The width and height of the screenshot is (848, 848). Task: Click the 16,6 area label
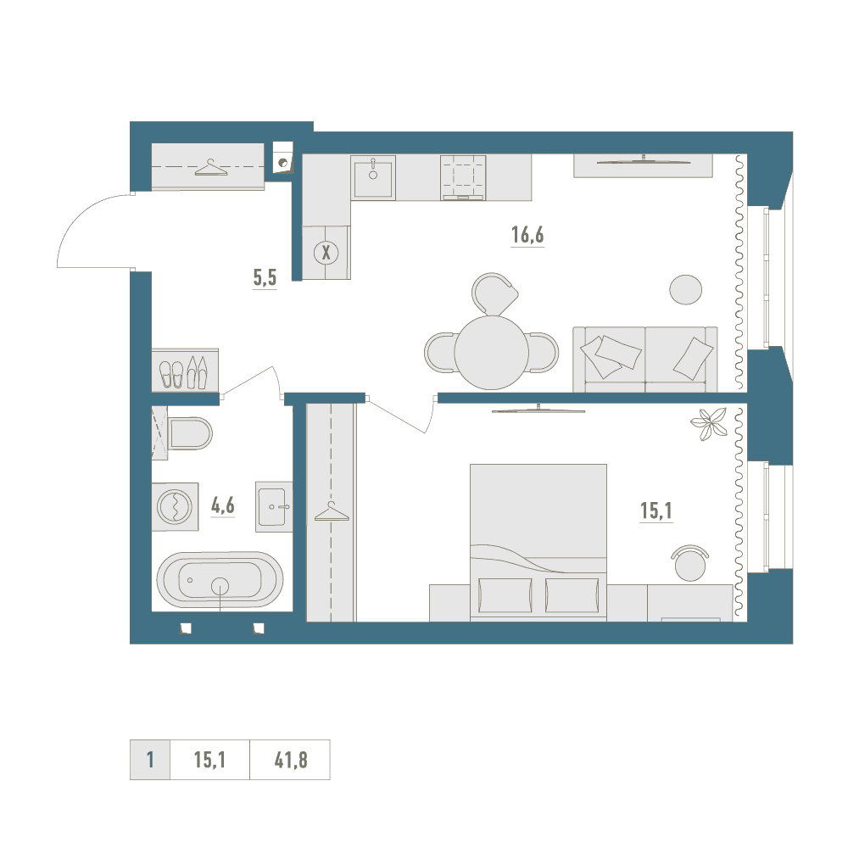[527, 235]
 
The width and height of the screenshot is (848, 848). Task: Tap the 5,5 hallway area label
[265, 277]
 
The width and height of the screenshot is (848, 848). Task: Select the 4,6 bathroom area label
[222, 505]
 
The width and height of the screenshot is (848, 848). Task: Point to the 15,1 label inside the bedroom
[656, 510]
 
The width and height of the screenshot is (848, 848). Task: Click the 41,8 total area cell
[290, 760]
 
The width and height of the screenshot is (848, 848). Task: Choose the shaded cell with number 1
[150, 760]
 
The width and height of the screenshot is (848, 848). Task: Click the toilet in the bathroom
[190, 433]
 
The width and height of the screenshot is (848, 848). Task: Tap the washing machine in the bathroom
[175, 507]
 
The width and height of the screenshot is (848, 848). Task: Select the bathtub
[220, 580]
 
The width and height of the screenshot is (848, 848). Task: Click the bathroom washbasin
[274, 507]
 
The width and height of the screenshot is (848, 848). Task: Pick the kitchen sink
[373, 177]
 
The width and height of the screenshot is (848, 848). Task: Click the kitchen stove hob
[463, 177]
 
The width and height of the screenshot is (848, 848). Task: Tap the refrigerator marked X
[326, 253]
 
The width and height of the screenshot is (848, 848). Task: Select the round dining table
[492, 353]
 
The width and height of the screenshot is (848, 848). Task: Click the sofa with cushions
[645, 359]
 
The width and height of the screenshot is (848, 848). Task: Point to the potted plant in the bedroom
[708, 423]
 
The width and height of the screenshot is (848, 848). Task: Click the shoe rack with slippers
[184, 371]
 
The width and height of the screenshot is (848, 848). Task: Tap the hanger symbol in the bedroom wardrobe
[332, 511]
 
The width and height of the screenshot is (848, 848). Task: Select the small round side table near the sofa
[686, 289]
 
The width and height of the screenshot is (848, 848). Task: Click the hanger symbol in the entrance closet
[211, 168]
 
